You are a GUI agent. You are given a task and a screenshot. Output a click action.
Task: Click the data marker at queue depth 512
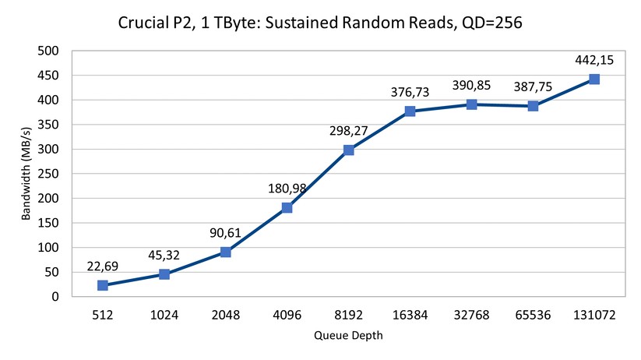tap(102, 285)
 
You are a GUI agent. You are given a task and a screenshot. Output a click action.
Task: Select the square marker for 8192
tap(349, 150)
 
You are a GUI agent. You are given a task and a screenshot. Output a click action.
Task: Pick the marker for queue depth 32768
tap(472, 104)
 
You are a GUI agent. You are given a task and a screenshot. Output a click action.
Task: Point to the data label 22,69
tap(102, 266)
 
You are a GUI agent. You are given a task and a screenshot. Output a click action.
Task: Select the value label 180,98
tap(287, 188)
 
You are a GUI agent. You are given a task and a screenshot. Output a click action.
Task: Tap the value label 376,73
tap(410, 92)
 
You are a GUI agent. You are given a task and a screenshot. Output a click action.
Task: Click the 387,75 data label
tap(533, 86)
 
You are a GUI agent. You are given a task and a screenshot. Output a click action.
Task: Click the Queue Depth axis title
tap(349, 336)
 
